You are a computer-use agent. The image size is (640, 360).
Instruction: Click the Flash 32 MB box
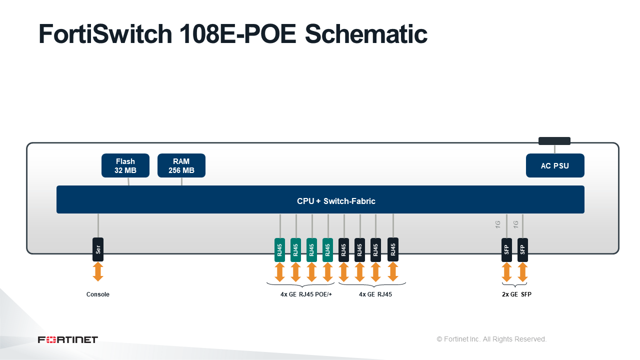125,165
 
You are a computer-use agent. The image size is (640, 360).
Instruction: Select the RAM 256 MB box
181,165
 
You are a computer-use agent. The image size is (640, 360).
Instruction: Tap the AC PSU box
555,165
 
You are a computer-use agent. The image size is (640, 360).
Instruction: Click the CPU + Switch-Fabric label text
336,201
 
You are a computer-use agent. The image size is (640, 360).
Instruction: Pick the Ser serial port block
98,249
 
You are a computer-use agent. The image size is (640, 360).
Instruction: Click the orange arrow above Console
98,271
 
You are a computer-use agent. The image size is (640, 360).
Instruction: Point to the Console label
97,294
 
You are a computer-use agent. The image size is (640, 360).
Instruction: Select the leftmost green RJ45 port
279,249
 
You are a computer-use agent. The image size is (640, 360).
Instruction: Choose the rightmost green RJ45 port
327,249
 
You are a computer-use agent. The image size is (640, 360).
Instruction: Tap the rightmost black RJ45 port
393,249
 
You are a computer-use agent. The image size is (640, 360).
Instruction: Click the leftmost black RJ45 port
343,249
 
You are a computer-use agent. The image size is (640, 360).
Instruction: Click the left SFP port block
506,249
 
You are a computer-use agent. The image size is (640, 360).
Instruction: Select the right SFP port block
522,249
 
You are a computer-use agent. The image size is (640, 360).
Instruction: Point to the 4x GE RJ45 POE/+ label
306,294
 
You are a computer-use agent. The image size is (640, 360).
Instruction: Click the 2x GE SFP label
516,294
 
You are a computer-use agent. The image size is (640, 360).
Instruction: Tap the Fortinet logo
68,339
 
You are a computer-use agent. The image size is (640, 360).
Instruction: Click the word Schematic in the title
366,34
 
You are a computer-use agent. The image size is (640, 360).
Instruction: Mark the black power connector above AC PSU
554,141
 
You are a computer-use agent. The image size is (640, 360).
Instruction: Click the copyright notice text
491,339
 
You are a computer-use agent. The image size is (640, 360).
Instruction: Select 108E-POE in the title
237,34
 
